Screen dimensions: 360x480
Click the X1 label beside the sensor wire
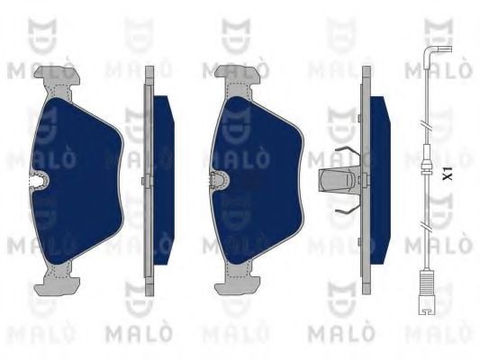[448, 171]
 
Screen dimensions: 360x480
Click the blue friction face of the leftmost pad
[81, 180]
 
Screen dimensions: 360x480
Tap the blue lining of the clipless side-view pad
[163, 180]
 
